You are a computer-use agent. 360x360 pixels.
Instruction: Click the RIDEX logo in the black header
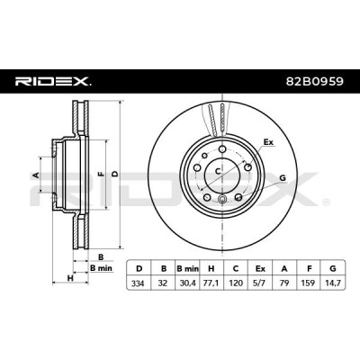(x=52, y=81)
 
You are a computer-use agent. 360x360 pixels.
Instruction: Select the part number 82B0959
(x=314, y=81)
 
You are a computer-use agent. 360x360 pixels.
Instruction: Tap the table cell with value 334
(x=139, y=283)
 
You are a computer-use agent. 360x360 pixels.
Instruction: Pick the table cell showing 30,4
(x=187, y=283)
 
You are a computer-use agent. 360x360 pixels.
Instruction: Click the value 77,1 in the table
(x=211, y=283)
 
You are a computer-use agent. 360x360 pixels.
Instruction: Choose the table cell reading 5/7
(x=260, y=283)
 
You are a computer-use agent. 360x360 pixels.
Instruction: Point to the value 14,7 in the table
(x=333, y=283)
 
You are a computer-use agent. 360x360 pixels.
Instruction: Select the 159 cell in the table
(x=309, y=283)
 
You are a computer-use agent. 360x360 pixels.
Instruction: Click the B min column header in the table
(x=187, y=268)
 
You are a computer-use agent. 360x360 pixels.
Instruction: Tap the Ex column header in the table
(x=260, y=268)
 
